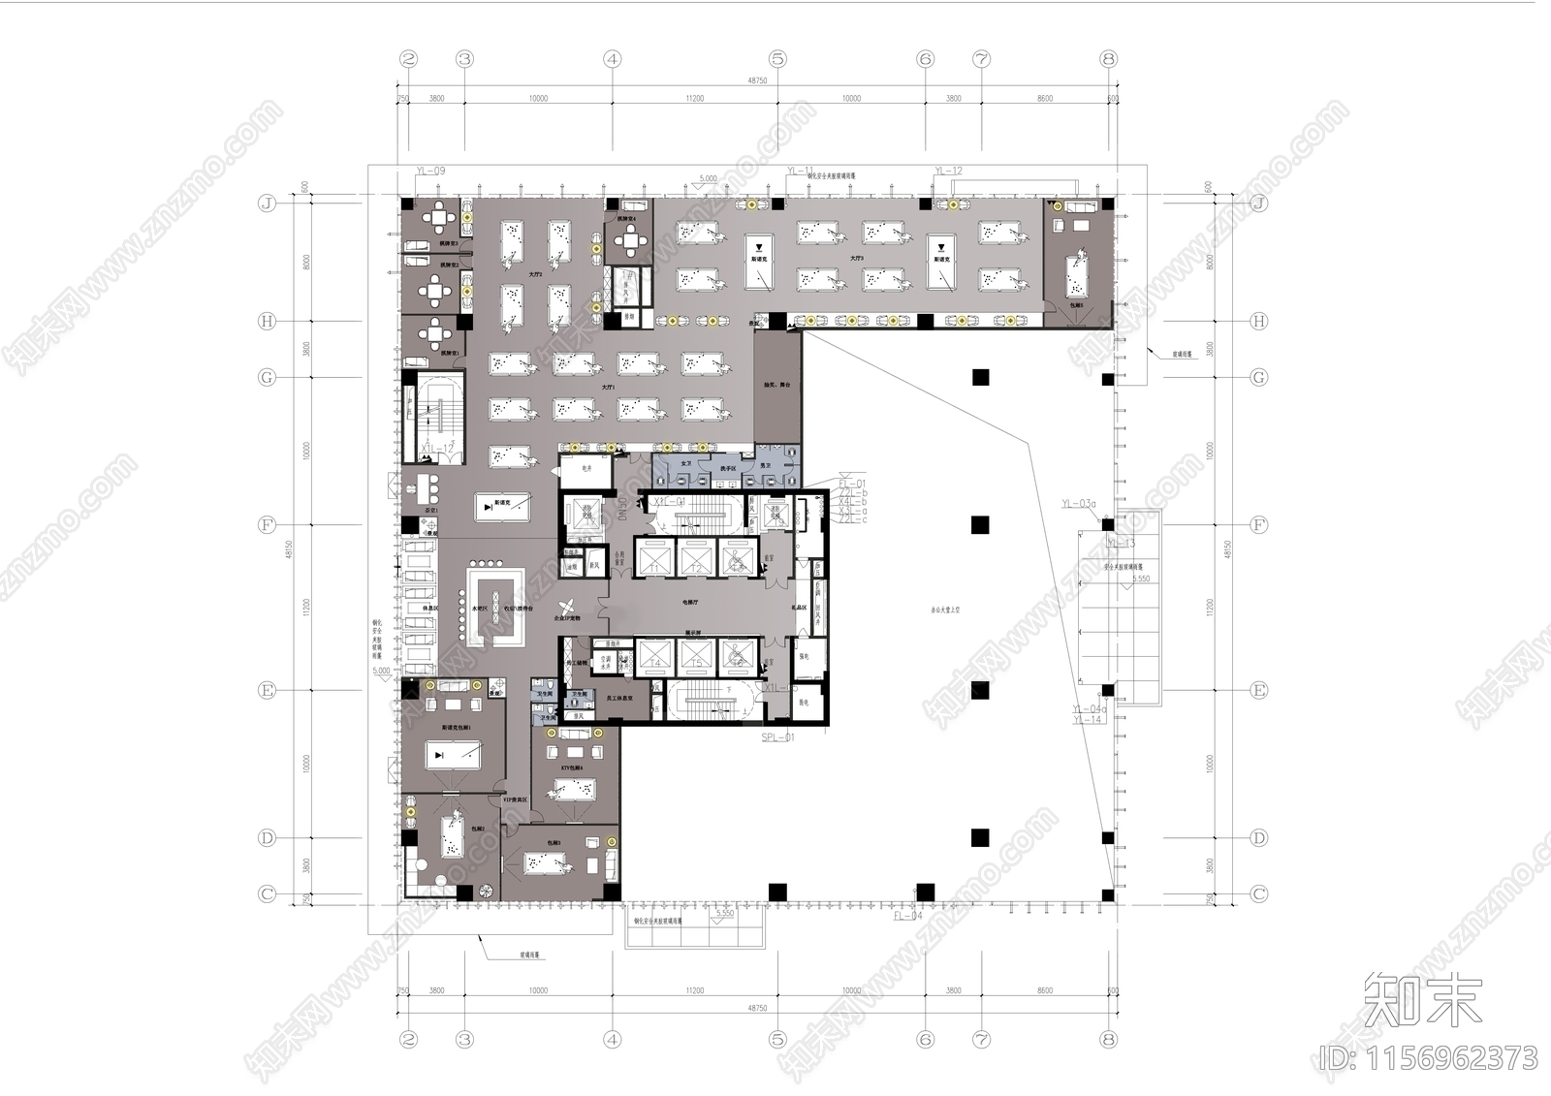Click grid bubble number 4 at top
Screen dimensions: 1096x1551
(612, 59)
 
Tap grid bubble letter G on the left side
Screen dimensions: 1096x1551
(268, 377)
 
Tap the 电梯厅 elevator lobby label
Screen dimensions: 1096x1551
(691, 602)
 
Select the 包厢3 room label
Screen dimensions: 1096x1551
(554, 843)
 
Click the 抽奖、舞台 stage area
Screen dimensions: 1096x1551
(777, 385)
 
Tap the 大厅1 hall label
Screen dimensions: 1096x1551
(608, 387)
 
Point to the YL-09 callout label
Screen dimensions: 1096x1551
(430, 172)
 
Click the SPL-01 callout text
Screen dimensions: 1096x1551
(777, 737)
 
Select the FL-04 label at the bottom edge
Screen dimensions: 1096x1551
(908, 916)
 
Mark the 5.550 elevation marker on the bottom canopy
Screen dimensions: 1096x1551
(724, 914)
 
